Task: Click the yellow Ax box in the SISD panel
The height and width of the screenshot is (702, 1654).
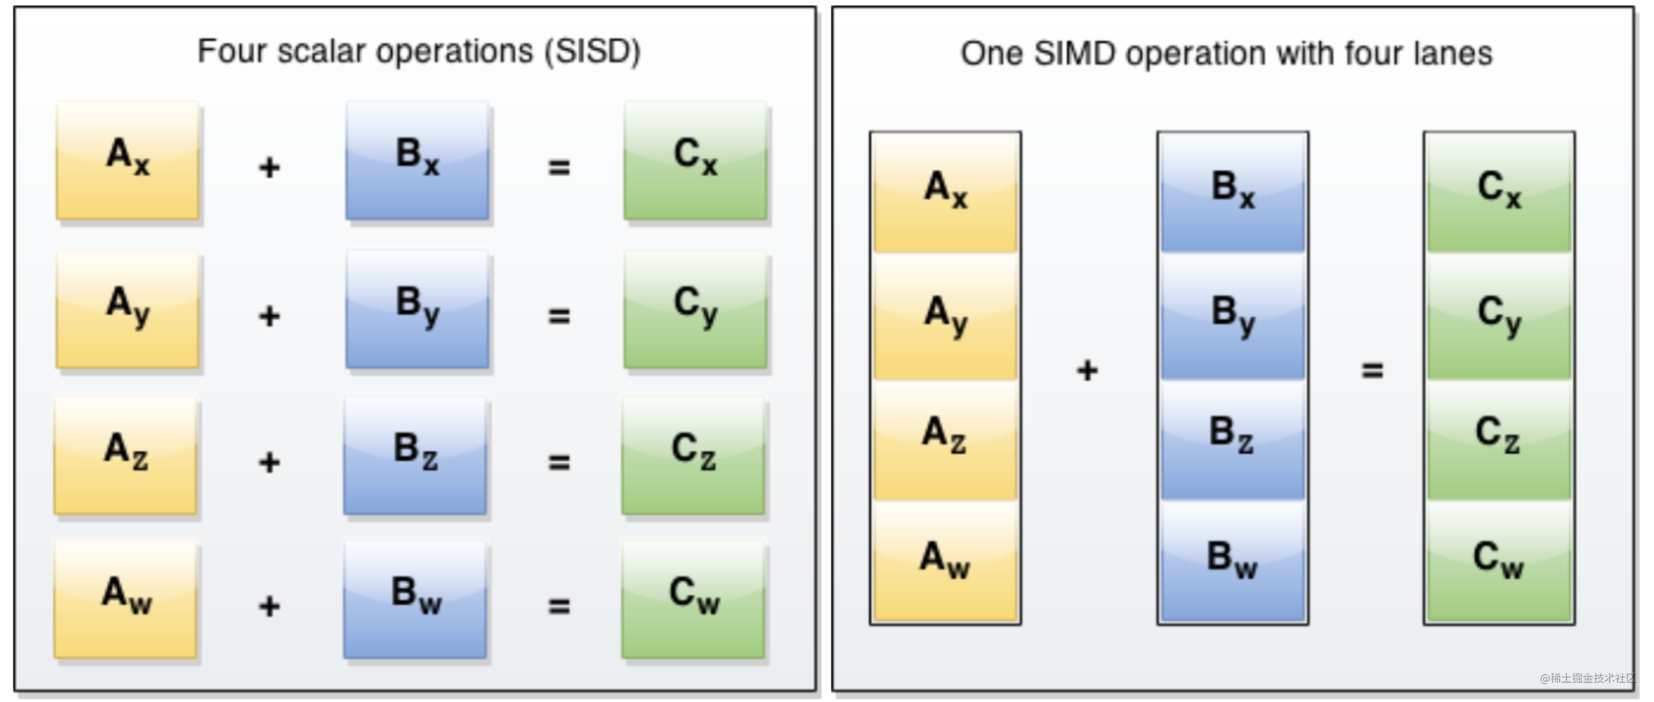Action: point(128,160)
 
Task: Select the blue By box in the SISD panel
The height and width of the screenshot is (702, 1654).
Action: point(417,309)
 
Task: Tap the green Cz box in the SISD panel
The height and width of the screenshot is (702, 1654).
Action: point(693,455)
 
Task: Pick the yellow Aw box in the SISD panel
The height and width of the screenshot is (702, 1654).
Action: point(126,599)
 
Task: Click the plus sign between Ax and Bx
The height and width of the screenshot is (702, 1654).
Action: point(270,167)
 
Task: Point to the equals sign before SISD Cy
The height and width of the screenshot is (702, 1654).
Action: point(558,316)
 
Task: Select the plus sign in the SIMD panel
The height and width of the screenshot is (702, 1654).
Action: point(1087,371)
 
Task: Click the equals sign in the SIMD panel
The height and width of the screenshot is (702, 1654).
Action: point(1372,371)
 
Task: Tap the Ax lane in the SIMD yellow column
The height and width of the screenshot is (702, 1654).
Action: point(945,192)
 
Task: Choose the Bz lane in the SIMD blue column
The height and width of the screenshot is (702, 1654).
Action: point(1232,439)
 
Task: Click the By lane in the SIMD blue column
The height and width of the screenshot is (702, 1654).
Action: point(1232,317)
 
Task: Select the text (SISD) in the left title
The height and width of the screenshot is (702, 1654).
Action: point(592,52)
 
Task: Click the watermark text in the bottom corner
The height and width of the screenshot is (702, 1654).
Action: point(1587,678)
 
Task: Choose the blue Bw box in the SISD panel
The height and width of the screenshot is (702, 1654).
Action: point(416,599)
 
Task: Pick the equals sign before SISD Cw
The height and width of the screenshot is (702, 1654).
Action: point(558,605)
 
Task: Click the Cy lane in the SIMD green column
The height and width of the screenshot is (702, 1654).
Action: point(1499,317)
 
